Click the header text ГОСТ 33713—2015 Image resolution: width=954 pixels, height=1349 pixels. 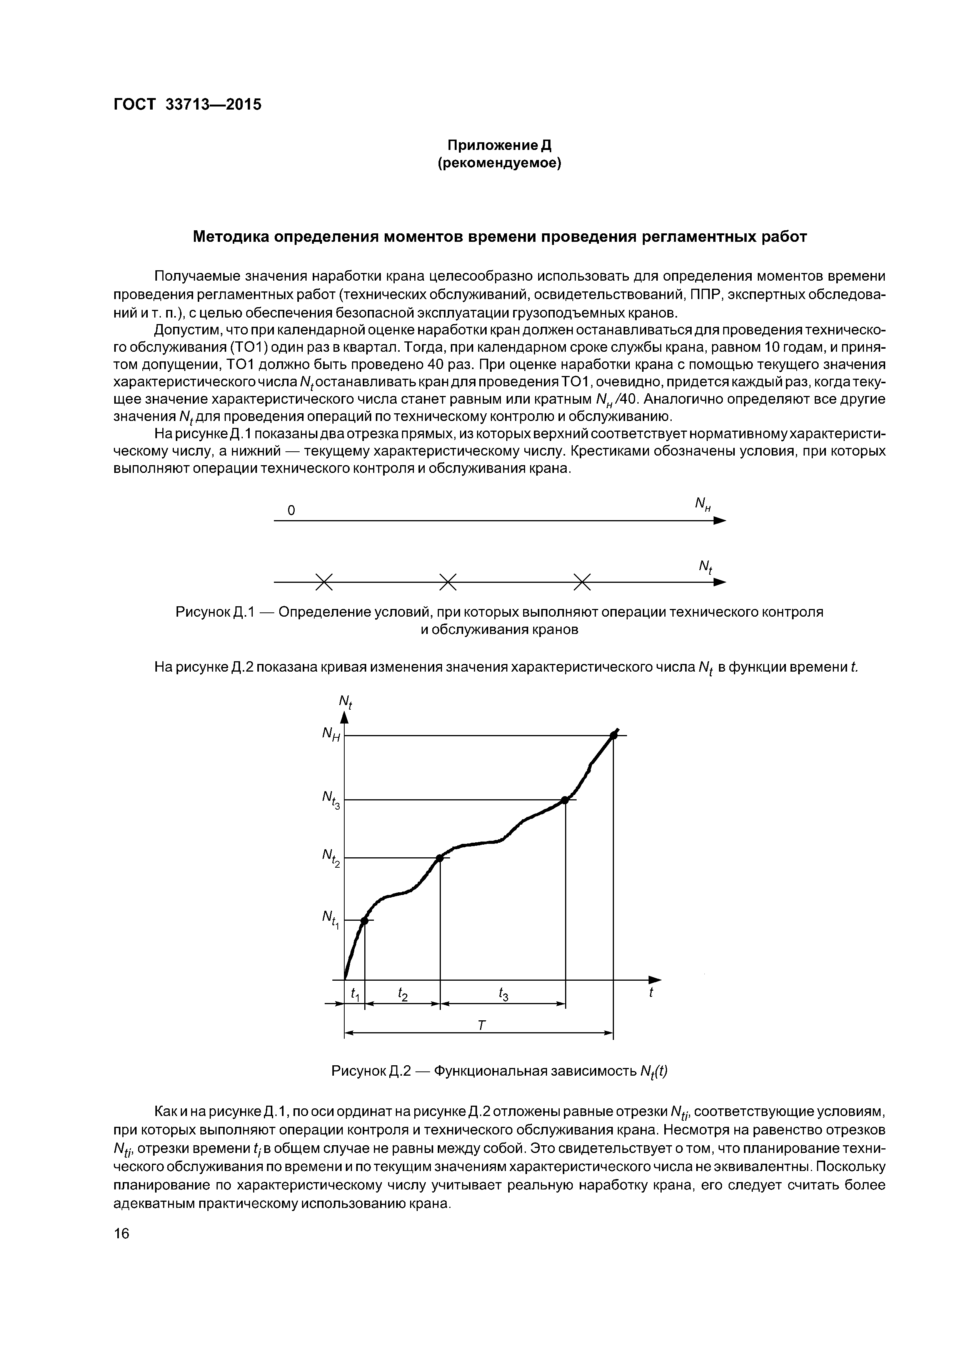[187, 105]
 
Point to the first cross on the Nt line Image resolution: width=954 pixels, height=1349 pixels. [324, 582]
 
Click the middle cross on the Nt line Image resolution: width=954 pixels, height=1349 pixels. [448, 582]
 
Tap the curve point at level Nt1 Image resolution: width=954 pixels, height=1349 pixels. [364, 921]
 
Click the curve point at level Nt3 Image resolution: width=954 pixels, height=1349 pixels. [565, 800]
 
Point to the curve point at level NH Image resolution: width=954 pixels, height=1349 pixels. [613, 735]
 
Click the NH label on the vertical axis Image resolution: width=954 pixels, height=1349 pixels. [331, 734]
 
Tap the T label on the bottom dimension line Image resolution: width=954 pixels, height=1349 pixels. [481, 1025]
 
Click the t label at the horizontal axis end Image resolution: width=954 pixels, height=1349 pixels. [651, 992]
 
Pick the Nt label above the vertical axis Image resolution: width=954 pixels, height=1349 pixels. [345, 702]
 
